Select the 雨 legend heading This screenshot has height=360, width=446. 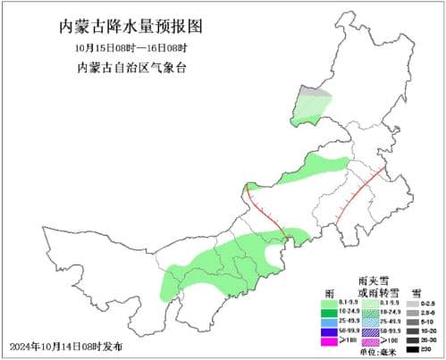point(329,293)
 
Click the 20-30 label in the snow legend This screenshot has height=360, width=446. point(431,340)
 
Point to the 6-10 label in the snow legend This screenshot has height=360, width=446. point(431,322)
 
